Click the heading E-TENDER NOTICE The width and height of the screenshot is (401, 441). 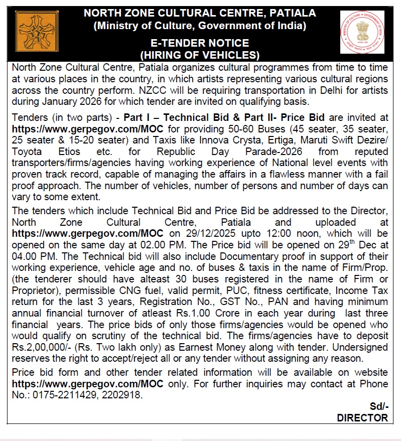(200, 43)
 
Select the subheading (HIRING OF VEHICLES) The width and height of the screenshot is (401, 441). (200, 55)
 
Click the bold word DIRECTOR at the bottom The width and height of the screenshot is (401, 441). (362, 417)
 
